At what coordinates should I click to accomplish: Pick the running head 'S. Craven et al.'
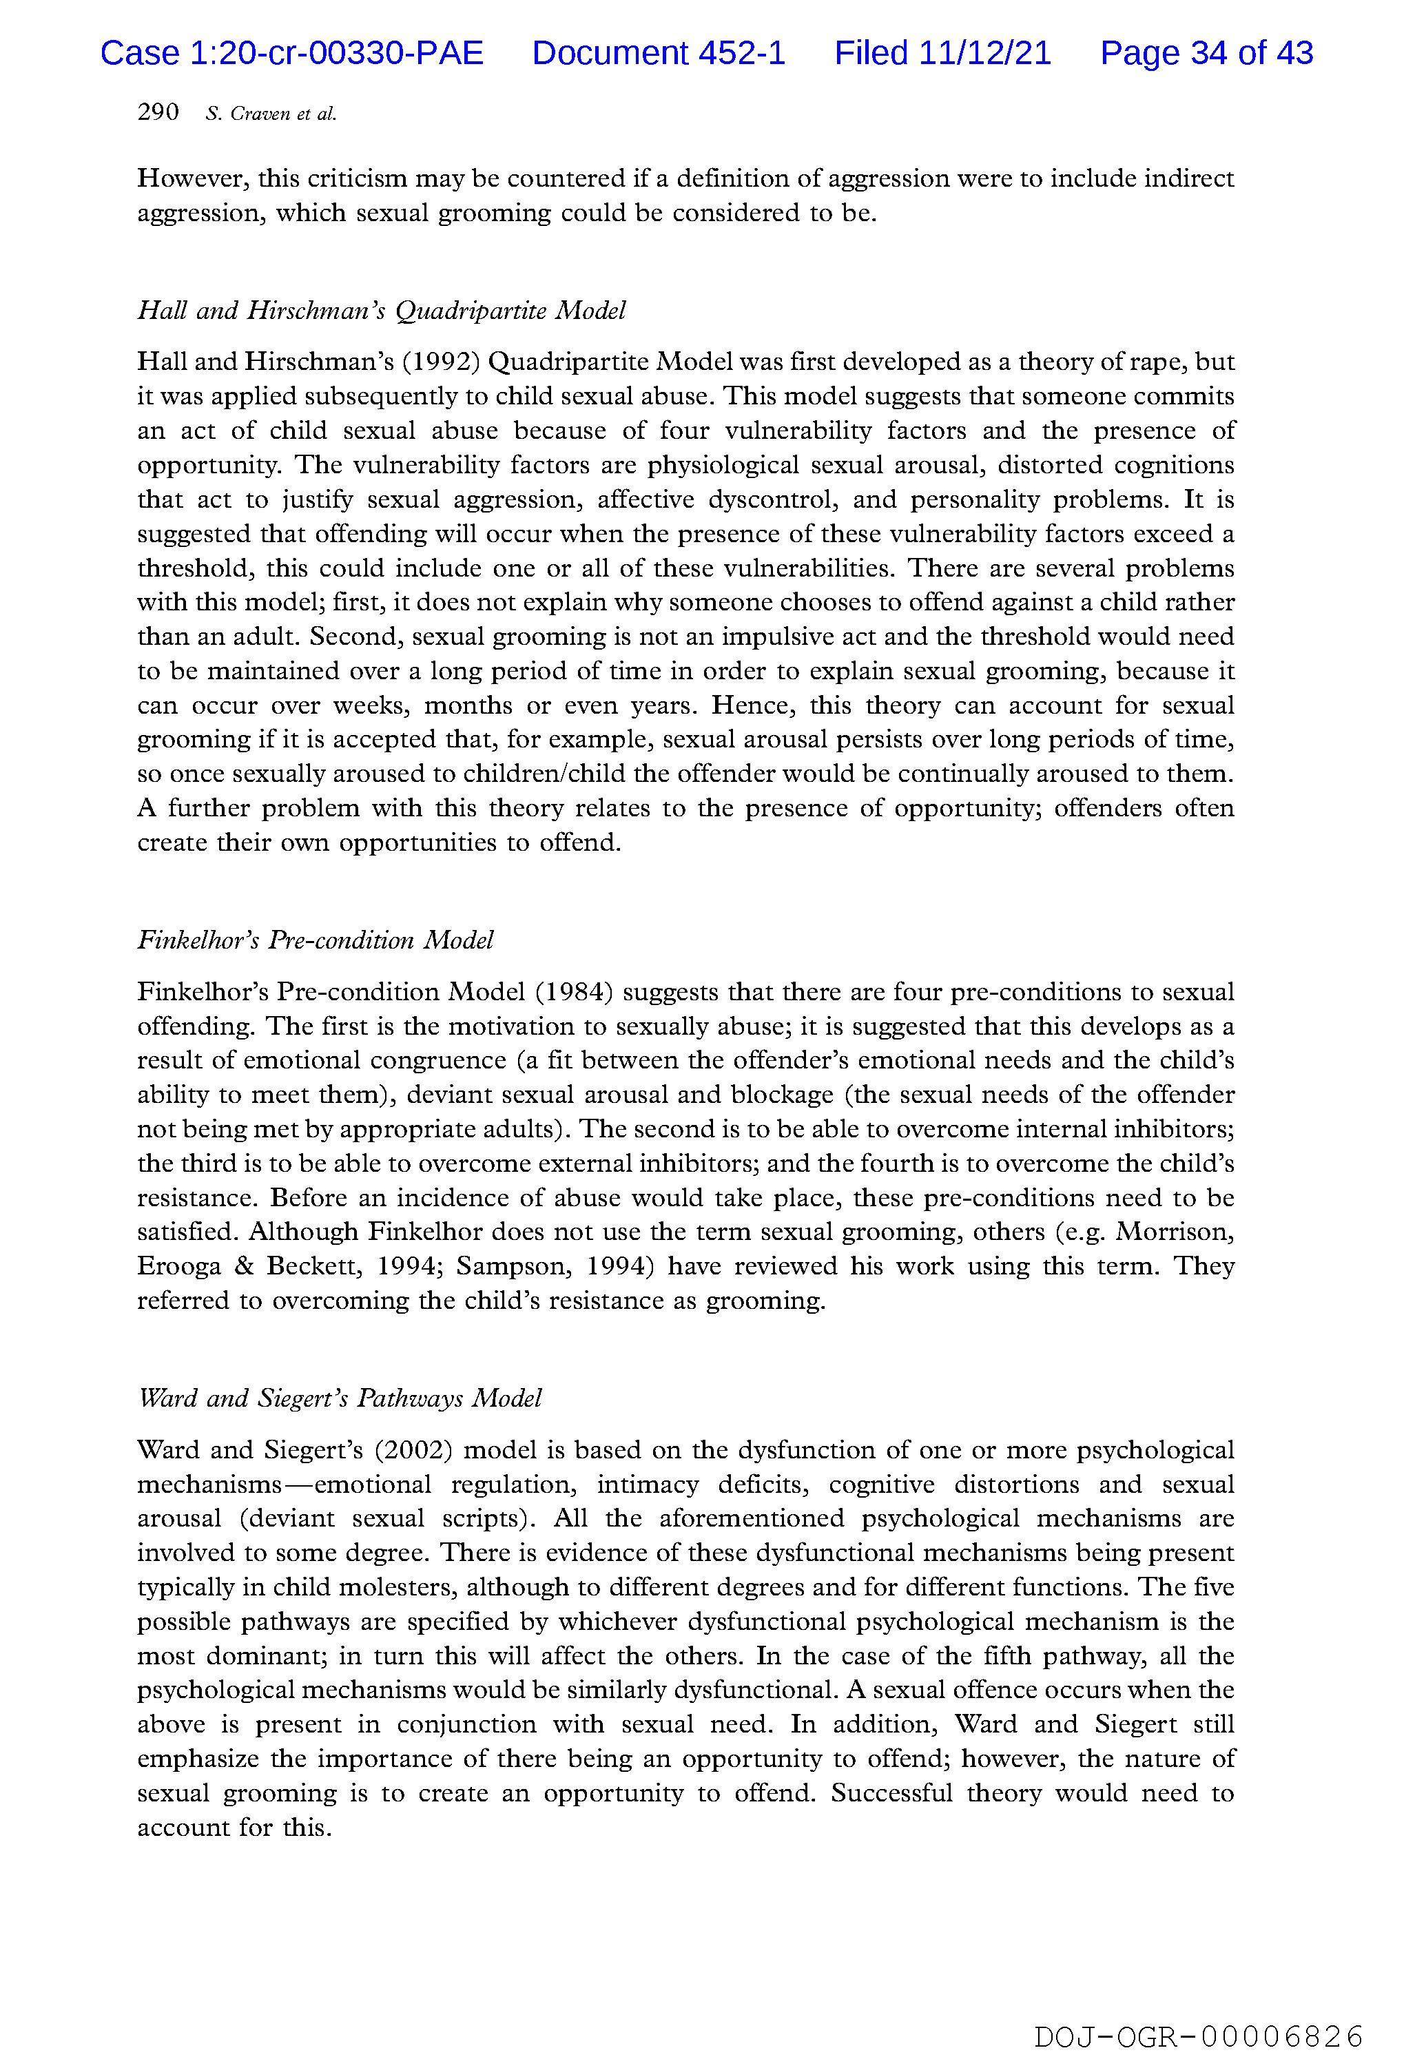[271, 114]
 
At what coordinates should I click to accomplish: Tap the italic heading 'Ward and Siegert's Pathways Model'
[339, 1398]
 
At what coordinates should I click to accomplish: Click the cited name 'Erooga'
[178, 1266]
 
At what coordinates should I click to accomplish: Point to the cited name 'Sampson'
[506, 1266]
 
